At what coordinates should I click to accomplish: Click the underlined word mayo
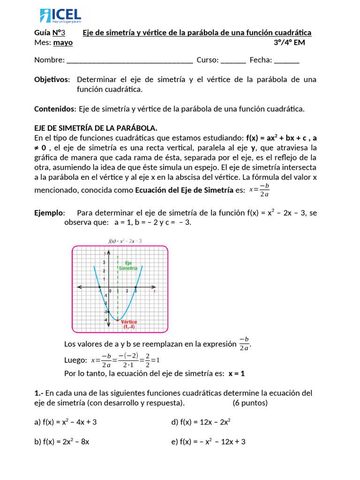[x=63, y=43]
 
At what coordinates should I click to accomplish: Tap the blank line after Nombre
[x=130, y=60]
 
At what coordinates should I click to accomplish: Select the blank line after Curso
[x=233, y=60]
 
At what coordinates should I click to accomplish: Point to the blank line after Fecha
[x=286, y=60]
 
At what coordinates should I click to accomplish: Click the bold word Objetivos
[x=52, y=80]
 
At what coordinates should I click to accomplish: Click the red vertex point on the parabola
[x=117, y=320]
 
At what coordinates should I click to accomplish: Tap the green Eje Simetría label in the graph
[x=128, y=266]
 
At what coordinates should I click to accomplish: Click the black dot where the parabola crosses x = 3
[x=136, y=287]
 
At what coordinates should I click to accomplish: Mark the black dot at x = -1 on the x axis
[x=99, y=287]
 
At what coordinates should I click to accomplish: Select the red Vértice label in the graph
[x=129, y=322]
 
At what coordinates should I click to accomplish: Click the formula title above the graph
[x=125, y=241]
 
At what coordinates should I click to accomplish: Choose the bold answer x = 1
[x=237, y=374]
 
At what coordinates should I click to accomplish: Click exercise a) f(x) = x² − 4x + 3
[x=66, y=422]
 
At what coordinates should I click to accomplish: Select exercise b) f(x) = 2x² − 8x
[x=62, y=442]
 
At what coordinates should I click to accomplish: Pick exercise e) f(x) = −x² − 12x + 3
[x=208, y=442]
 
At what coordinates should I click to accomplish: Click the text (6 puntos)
[x=250, y=403]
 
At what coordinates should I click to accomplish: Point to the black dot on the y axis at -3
[x=108, y=312]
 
